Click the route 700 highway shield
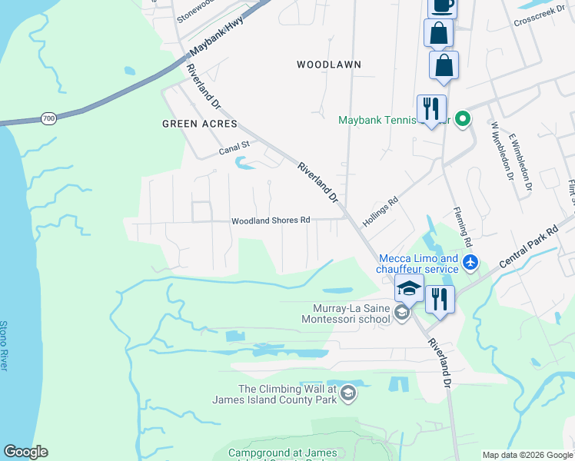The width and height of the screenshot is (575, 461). point(48,118)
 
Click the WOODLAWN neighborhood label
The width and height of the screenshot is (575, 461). point(329,65)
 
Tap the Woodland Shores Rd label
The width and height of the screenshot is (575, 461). point(271,221)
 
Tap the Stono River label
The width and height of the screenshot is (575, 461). point(5,346)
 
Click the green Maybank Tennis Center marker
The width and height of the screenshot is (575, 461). point(462,119)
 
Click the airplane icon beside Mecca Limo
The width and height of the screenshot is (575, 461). point(470,264)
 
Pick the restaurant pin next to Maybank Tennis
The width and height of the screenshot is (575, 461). point(431,108)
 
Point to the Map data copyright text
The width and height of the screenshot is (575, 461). point(527,455)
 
